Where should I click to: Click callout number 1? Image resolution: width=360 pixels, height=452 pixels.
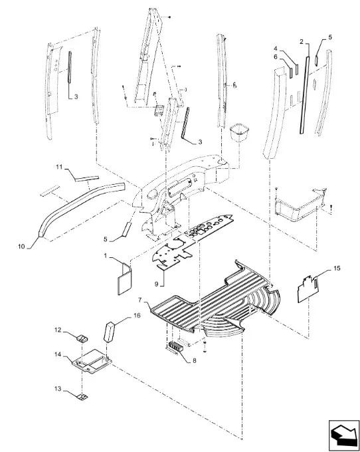pyautogui.click(x=106, y=255)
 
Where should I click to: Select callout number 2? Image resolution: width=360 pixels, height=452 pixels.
pyautogui.click(x=302, y=42)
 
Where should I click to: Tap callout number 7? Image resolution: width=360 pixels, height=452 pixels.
pyautogui.click(x=140, y=300)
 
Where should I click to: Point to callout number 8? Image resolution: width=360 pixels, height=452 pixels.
pyautogui.click(x=195, y=360)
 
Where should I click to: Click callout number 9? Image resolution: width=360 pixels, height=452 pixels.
pyautogui.click(x=156, y=284)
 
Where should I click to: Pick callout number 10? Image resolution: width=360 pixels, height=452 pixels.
pyautogui.click(x=21, y=247)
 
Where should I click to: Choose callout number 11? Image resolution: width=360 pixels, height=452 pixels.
pyautogui.click(x=59, y=168)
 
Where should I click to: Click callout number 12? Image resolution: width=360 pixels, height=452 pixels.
pyautogui.click(x=58, y=330)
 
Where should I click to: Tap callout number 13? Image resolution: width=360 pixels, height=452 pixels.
pyautogui.click(x=58, y=389)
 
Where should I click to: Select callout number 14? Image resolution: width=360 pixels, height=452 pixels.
pyautogui.click(x=58, y=354)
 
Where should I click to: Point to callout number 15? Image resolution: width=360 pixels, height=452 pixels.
pyautogui.click(x=337, y=269)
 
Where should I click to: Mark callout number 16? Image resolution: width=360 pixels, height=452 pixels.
pyautogui.click(x=137, y=315)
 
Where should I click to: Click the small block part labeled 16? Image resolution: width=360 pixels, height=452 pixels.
pyautogui.click(x=109, y=332)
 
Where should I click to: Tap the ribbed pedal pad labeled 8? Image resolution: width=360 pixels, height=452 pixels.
pyautogui.click(x=175, y=346)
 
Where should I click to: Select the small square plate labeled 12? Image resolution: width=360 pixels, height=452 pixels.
pyautogui.click(x=82, y=338)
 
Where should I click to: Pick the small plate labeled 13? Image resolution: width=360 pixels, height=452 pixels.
pyautogui.click(x=82, y=397)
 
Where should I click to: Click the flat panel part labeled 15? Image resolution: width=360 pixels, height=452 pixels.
pyautogui.click(x=308, y=289)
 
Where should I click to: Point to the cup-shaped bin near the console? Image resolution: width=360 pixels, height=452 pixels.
pyautogui.click(x=238, y=132)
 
